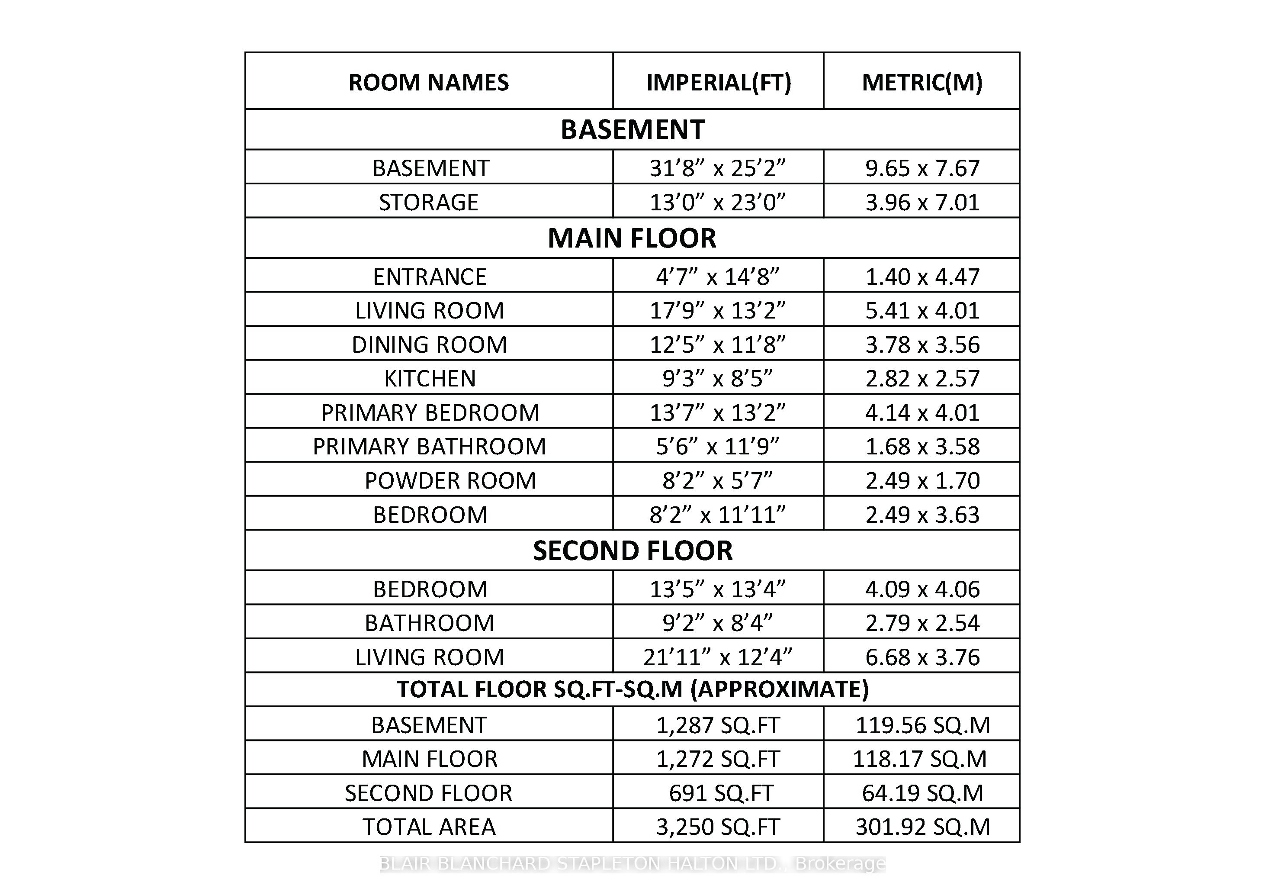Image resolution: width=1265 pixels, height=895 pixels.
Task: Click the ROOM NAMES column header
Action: [x=429, y=83]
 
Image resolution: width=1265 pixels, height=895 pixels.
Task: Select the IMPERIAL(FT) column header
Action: [x=719, y=83]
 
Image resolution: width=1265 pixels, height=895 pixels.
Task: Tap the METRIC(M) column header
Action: [x=922, y=83]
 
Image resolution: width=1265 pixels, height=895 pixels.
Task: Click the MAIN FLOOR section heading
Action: [x=632, y=238]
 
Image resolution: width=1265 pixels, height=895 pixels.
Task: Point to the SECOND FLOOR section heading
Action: [x=632, y=551]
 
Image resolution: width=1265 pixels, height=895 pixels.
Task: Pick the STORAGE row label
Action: [x=429, y=202]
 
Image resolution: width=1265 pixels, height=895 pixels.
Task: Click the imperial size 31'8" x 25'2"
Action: [x=717, y=168]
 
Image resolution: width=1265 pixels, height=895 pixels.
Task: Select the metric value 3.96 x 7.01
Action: [x=922, y=202]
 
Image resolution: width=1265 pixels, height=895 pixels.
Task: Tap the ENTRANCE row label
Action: [x=429, y=277]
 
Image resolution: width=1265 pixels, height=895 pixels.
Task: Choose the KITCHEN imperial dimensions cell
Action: [x=717, y=379]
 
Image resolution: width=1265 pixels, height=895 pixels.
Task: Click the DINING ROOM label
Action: [x=429, y=345]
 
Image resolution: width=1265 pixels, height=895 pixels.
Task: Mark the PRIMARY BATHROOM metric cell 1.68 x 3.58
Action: [x=922, y=446]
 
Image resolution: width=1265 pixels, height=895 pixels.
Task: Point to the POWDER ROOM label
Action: [x=450, y=480]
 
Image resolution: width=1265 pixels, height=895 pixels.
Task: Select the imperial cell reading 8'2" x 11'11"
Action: [x=717, y=515]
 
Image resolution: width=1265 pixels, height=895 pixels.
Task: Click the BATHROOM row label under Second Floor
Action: [x=429, y=623]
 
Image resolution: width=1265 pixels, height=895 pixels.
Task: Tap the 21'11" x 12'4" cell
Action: [x=717, y=657]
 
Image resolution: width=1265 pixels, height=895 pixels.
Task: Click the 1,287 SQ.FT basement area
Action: [x=717, y=725]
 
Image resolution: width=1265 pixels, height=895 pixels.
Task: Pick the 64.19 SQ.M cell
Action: [x=922, y=793]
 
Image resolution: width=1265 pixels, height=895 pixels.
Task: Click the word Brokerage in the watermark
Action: [x=840, y=863]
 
